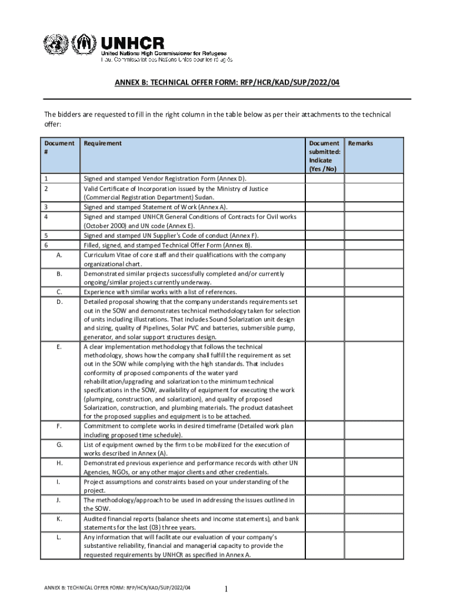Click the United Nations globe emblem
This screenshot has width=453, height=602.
click(55, 45)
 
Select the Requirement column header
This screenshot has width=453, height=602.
click(103, 143)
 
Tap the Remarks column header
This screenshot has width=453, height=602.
click(361, 143)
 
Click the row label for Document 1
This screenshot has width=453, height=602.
click(46, 178)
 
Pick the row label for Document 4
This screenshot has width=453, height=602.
click(46, 216)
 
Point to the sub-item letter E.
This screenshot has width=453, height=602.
click(59, 347)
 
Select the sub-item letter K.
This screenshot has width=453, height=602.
click(59, 519)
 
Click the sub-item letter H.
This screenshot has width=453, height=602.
click(59, 463)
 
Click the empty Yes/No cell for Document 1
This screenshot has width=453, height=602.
click(324, 178)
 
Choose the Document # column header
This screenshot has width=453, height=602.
click(59, 147)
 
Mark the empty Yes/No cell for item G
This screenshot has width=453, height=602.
click(324, 449)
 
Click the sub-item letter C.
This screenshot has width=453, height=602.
click(59, 292)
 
